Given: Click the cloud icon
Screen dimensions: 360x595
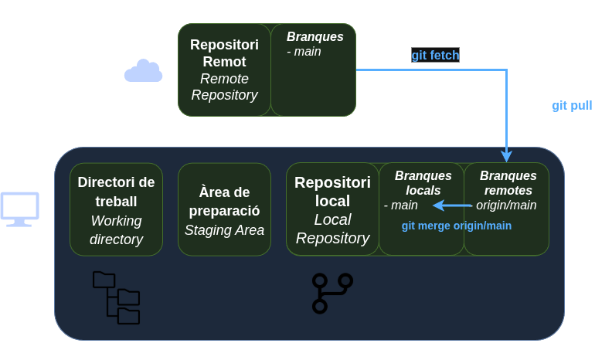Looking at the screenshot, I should pos(144,71).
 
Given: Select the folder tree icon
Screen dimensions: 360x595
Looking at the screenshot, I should pos(116,297).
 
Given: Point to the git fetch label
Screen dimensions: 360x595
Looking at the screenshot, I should pos(435,56).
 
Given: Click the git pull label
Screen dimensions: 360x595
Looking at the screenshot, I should pos(572,105).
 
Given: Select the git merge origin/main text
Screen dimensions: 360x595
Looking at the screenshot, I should pos(457,226).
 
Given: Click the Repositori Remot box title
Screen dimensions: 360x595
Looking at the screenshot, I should pos(224,53).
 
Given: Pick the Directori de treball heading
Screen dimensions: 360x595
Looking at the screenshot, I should pos(117,192).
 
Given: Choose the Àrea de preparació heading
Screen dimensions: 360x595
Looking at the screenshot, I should pos(224,200).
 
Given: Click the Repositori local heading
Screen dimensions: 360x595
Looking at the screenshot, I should pos(332,192).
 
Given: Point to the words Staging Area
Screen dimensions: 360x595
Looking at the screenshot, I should pos(224,229).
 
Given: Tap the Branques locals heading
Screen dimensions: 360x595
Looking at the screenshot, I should pos(423,182).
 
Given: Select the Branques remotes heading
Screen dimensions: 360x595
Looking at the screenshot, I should pos(508,182).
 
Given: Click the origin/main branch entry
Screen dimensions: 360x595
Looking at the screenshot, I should pos(505,205).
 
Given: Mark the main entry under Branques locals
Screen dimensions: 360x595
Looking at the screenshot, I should pos(402,205).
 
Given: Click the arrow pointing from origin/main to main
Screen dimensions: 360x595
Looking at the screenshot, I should pos(453,205).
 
